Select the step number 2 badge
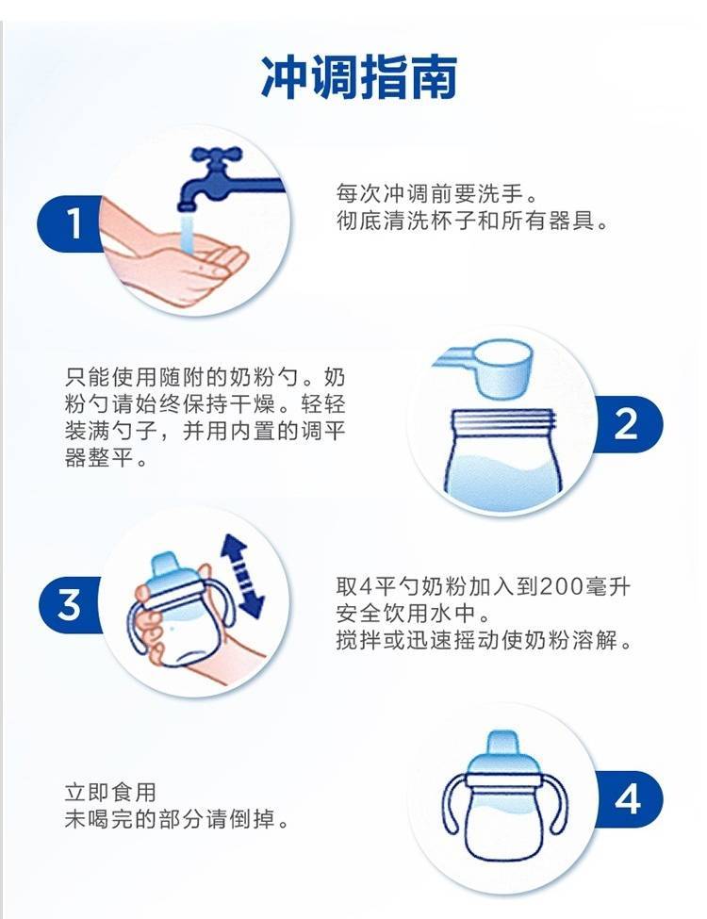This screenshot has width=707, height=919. click(x=627, y=424)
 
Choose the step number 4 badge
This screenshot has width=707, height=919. click(x=628, y=799)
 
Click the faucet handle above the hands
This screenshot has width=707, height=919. click(x=217, y=155)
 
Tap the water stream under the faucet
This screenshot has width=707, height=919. click(x=187, y=233)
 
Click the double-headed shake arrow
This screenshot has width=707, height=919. click(x=242, y=576)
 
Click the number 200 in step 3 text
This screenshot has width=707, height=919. click(x=562, y=585)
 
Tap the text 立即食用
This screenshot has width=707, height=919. click(x=111, y=792)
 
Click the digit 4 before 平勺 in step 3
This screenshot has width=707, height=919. click(x=367, y=585)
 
